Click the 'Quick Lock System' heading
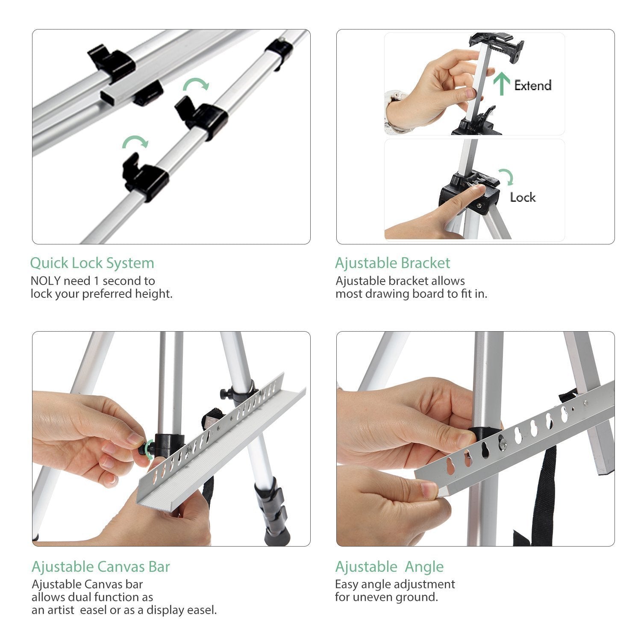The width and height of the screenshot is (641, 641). coord(92,263)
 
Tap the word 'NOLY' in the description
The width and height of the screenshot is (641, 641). coord(46,281)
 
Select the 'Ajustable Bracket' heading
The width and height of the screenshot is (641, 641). coord(392,263)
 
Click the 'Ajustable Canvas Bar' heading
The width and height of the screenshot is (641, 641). coord(100,567)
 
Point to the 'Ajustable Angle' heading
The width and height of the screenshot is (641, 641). coord(389,567)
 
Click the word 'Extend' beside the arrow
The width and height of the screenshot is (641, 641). coord(532,85)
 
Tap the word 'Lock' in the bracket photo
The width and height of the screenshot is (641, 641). coord(523,197)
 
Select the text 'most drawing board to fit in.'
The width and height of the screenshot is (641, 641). coord(411,294)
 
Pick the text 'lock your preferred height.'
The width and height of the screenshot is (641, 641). coord(101,294)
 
